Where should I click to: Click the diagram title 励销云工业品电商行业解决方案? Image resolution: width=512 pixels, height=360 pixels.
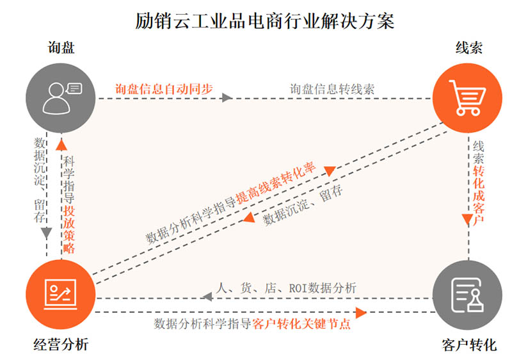pos(265,21)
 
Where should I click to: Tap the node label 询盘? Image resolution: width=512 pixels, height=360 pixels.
pos(61,47)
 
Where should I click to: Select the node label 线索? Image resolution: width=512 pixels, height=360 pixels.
pos(468,48)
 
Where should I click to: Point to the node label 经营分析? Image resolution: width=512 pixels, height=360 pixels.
pos(61,345)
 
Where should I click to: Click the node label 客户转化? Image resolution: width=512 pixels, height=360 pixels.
pos(469,345)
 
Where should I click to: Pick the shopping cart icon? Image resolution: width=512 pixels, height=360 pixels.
pos(468,97)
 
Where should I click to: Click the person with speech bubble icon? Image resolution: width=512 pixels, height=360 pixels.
pos(62,98)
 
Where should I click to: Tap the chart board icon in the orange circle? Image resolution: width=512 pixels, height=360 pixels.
pos(60,294)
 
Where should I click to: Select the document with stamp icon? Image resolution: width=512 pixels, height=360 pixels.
pos(467,295)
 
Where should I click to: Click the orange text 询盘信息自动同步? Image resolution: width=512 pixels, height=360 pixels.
pos(164,89)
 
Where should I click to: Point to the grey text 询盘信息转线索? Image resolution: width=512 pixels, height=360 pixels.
pos(332,89)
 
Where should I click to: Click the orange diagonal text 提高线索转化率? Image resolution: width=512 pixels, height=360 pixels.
pos(276,183)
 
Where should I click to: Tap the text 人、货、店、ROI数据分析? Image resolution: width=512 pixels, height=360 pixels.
pos(286,288)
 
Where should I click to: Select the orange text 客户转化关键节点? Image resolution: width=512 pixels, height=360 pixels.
pos(301,323)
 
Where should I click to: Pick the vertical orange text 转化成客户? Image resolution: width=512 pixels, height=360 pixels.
pos(479,195)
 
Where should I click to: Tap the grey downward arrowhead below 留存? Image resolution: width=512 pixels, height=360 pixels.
pos(46,233)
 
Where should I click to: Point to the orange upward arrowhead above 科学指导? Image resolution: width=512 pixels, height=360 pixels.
pos(61,145)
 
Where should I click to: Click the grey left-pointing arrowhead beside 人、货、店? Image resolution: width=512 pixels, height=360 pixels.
pos(207,297)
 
